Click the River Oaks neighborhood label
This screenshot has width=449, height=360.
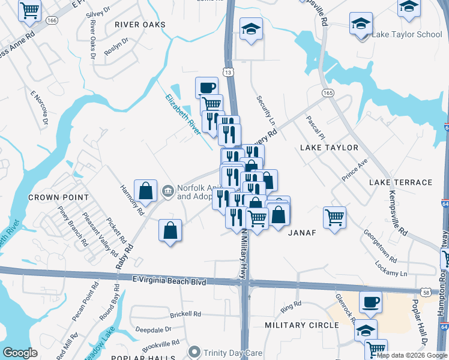tap(139, 25)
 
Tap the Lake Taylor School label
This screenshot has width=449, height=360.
tap(406, 34)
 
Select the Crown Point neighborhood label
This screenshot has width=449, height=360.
tap(59, 197)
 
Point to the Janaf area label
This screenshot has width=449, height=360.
tap(302, 232)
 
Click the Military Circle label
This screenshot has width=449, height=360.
tap(302, 325)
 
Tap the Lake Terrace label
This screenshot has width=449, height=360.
tap(400, 182)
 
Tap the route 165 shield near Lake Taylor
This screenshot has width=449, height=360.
tap(328, 93)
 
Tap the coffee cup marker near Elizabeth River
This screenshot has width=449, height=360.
tap(206, 88)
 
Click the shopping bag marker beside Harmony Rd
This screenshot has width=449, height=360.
tap(145, 191)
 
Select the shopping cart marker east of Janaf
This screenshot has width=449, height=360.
tap(335, 217)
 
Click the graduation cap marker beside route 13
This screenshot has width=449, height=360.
tap(251, 28)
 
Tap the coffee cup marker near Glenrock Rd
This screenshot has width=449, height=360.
tap(370, 301)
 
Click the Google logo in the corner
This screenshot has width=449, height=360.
tap(20, 353)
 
